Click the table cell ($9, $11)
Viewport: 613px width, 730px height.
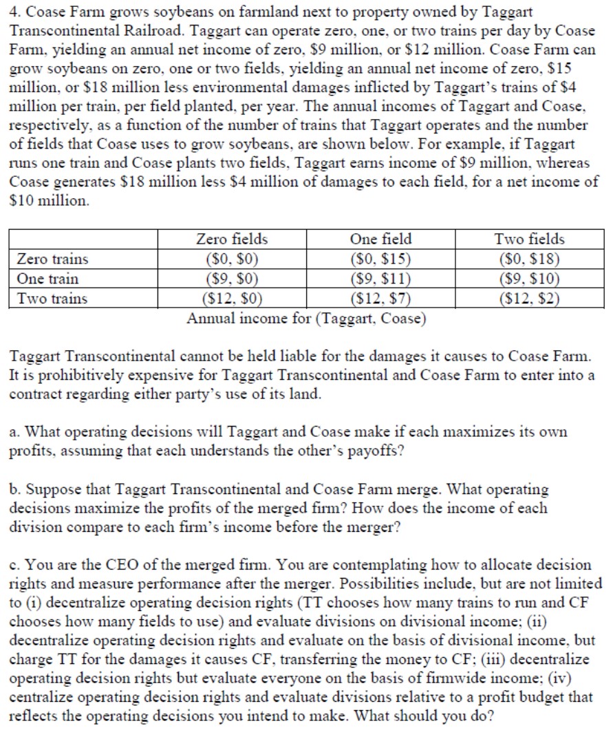coord(380,279)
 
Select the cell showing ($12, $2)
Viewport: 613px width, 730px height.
coord(529,299)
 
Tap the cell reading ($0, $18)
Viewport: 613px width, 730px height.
coord(529,259)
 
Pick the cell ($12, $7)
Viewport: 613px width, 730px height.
coord(380,299)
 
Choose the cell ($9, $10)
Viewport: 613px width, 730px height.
coord(529,279)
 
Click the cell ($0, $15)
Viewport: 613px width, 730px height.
coord(380,259)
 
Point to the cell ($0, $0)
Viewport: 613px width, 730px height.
coord(232,259)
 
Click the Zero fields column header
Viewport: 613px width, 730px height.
coord(232,239)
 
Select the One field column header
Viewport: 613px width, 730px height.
coord(380,239)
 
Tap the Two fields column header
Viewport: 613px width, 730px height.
coord(529,239)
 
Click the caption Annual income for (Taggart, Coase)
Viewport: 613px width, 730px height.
coord(306,319)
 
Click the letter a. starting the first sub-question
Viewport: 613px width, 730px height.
coord(14,432)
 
